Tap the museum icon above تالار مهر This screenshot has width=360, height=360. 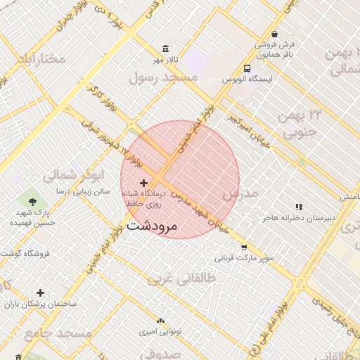(165, 49)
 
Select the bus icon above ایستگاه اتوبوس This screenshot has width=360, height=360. (247, 68)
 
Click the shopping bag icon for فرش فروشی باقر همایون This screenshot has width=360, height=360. (274, 33)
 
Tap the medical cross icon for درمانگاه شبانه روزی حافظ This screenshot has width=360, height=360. (144, 183)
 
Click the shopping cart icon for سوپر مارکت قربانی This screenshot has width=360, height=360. (244, 247)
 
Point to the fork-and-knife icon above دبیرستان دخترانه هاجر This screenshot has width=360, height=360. (299, 207)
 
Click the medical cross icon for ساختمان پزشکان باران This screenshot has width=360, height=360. (40, 292)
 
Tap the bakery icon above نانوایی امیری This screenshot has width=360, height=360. (161, 320)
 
